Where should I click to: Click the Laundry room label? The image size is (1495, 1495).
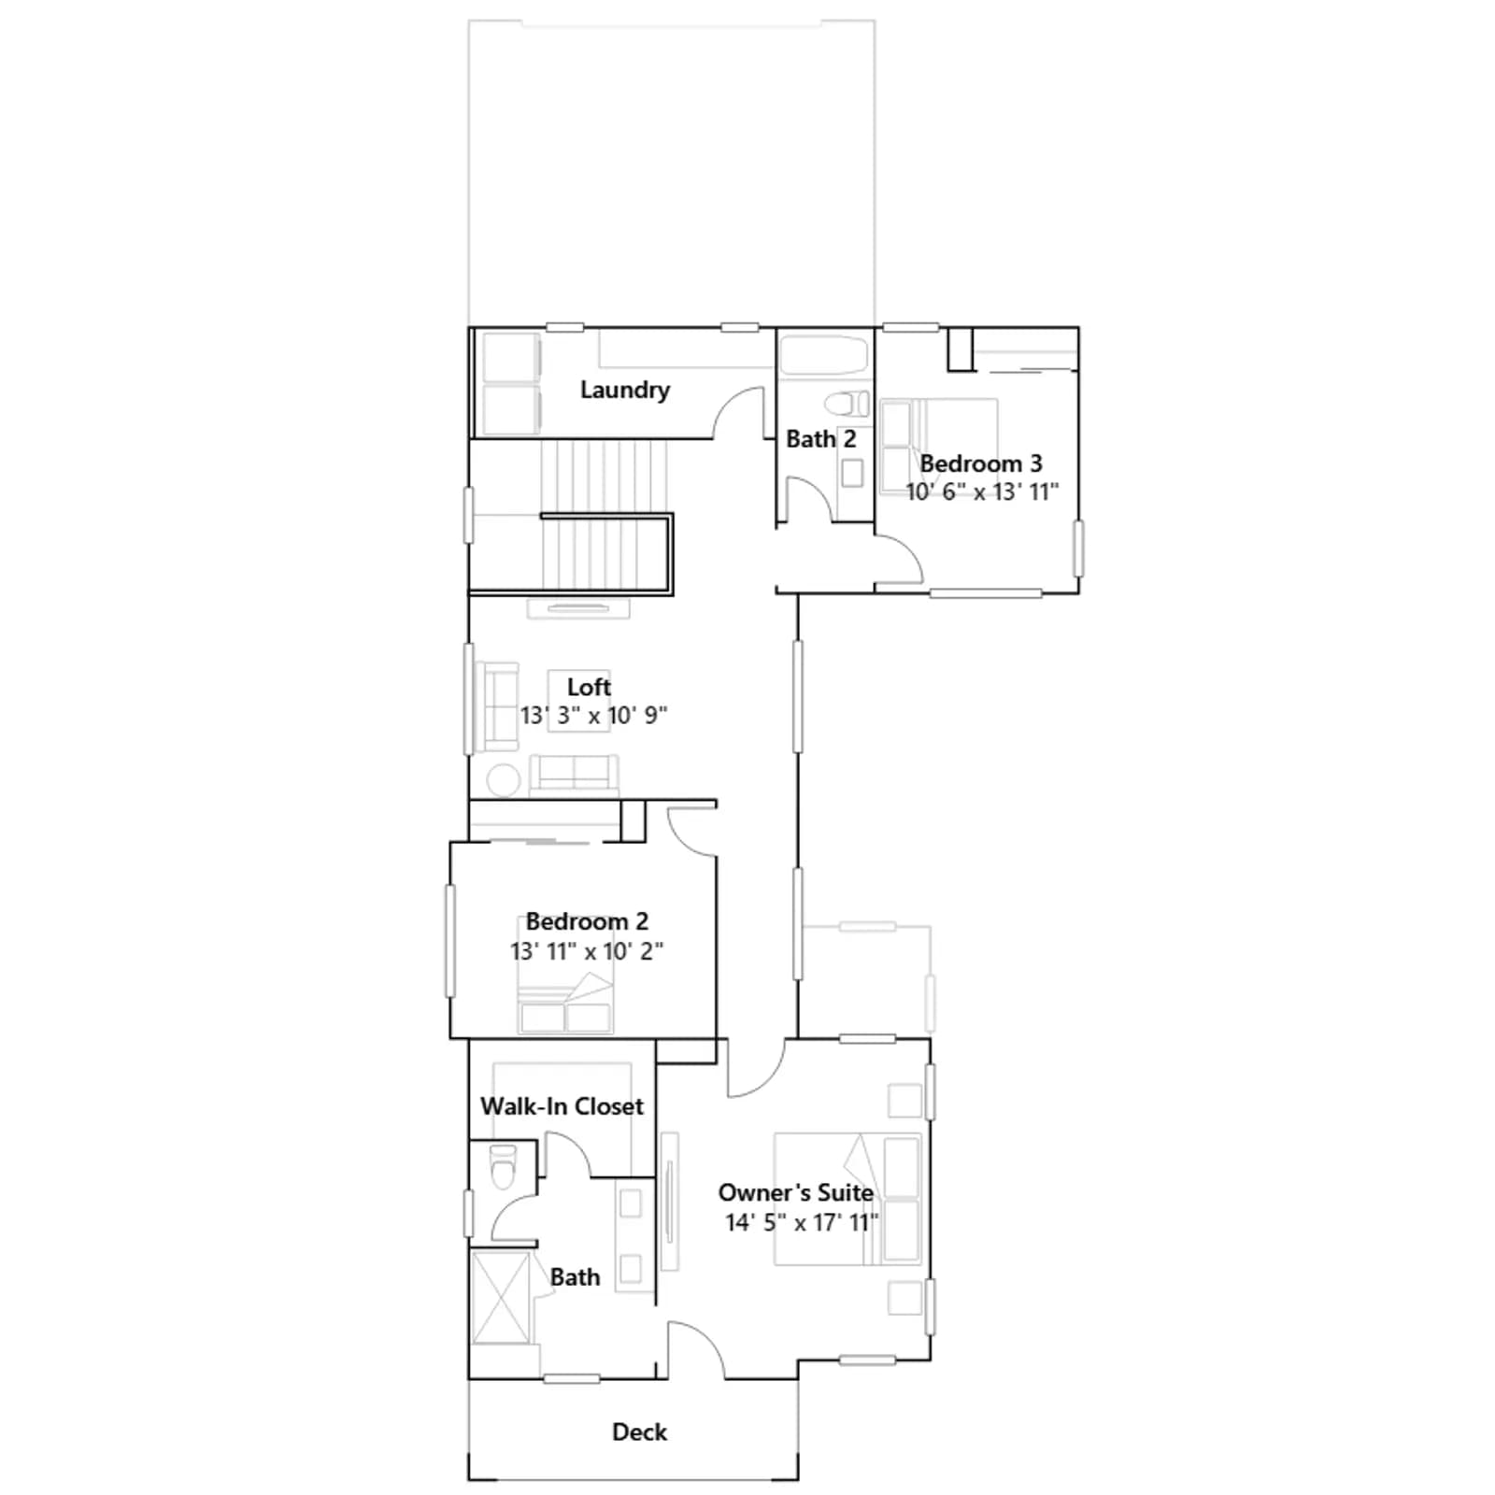pos(625,391)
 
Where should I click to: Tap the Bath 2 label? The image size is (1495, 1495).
pos(821,438)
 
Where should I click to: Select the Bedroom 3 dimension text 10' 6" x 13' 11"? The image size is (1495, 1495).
pos(982,491)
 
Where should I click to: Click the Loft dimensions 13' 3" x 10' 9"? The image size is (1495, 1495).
pos(593,716)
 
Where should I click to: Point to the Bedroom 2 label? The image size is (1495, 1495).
pos(587,921)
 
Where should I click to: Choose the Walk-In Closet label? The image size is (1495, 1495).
pos(562,1106)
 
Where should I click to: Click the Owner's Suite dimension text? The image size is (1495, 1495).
pos(802,1222)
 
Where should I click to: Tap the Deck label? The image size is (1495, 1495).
pos(639,1432)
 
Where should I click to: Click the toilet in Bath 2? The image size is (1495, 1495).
pos(847,404)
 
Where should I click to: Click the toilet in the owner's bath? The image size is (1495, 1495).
pos(503,1166)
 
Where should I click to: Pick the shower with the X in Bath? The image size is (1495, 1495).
pos(502,1298)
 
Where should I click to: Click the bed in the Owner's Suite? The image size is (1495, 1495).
pos(847,1199)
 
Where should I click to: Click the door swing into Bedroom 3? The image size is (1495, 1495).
pos(899,561)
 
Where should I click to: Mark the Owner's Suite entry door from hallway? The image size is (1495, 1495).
pos(757,1068)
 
